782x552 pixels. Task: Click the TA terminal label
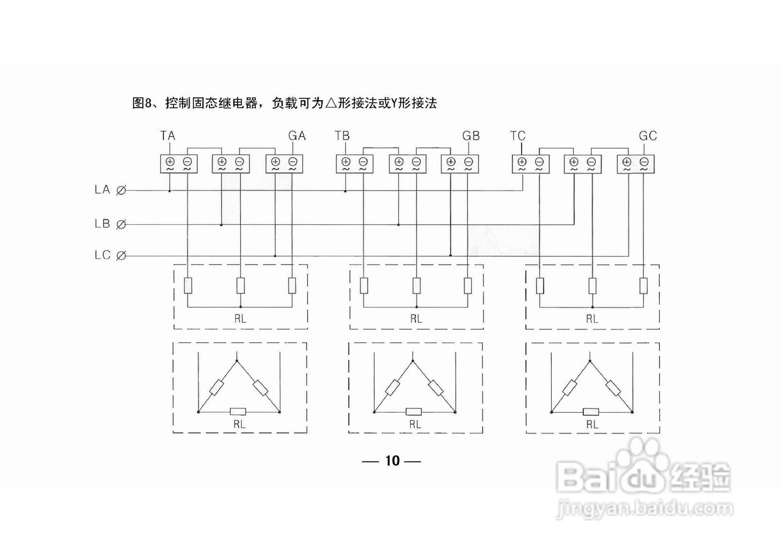click(168, 136)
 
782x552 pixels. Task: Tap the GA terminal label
click(297, 136)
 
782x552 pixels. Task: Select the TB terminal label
click(342, 136)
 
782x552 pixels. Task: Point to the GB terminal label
click(471, 136)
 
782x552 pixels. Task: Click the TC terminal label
click(517, 136)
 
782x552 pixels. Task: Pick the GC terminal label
click(648, 136)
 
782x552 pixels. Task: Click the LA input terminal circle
click(121, 191)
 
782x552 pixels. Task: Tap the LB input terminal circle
click(121, 224)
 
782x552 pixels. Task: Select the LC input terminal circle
click(121, 256)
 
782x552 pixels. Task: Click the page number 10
click(392, 461)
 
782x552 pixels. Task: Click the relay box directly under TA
click(178, 164)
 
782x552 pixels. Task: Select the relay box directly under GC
click(635, 164)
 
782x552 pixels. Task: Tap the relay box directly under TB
click(354, 164)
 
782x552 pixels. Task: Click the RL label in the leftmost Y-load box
click(240, 318)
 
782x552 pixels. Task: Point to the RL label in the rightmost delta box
click(592, 424)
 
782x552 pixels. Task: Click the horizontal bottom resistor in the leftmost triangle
click(238, 412)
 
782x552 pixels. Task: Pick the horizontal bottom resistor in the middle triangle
click(414, 412)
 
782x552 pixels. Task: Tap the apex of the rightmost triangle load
click(590, 361)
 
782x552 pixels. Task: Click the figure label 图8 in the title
click(142, 103)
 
